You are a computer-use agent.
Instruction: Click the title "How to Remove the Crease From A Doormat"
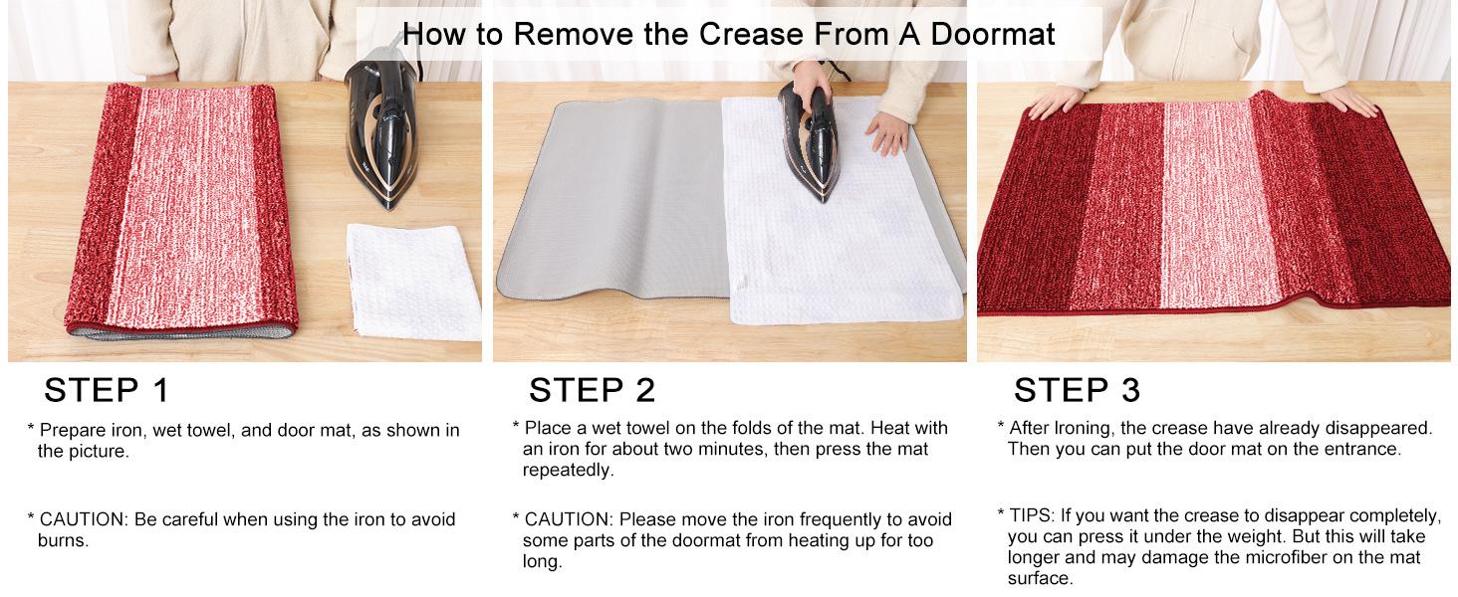point(728,34)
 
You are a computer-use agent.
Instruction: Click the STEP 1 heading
point(108,390)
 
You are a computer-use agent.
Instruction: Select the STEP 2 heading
point(592,390)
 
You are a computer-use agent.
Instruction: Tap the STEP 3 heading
point(1077,390)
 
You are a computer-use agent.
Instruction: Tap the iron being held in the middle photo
point(810,139)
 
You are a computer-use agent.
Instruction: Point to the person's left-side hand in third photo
point(1055,100)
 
